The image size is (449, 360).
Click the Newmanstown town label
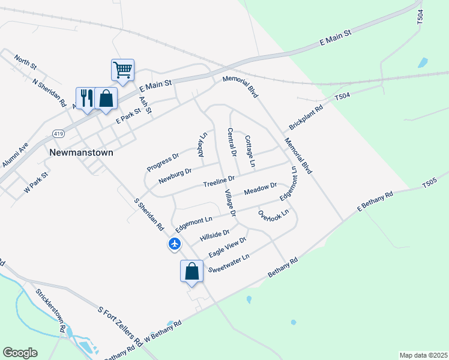point(80,152)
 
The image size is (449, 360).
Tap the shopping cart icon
point(122,70)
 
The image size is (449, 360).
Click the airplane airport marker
point(175,244)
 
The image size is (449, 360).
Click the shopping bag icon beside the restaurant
point(106,98)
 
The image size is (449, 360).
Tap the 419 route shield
point(58,133)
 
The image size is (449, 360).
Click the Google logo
point(20,353)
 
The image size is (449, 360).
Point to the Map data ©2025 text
point(423,355)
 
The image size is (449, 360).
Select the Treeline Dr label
point(218,180)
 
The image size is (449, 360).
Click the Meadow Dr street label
point(260,189)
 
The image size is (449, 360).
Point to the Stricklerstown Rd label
point(50,310)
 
